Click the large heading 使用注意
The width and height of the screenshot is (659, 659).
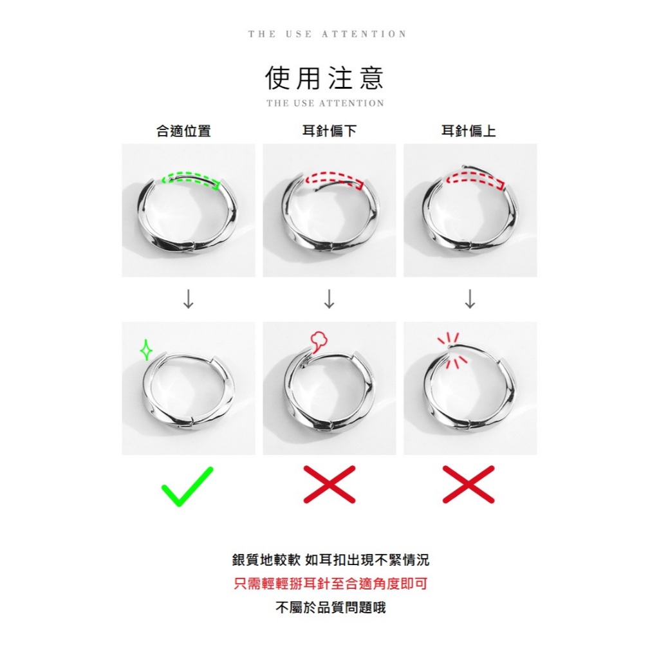coord(324,78)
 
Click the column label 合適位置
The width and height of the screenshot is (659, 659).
coord(183,131)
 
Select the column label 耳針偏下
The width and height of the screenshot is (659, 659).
coord(329,131)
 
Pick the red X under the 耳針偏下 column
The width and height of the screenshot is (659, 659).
coord(329,484)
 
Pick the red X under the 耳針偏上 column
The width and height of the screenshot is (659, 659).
coord(469,484)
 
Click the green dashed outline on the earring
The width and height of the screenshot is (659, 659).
coord(190,178)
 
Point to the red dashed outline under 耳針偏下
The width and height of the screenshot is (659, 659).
coord(333,178)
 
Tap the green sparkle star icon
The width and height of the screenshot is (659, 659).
coord(146,349)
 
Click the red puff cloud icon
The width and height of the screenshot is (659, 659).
coord(317,340)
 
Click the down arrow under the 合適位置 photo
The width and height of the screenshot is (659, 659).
coord(188,299)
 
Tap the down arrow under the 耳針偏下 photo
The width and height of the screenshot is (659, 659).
coord(329,299)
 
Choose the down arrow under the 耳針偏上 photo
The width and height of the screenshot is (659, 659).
coord(470,299)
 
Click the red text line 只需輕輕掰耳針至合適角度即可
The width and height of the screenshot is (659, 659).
coord(330,584)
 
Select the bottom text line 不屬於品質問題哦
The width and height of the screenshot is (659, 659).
coord(330,608)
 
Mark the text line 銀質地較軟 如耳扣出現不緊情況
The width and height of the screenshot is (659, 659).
coord(330,560)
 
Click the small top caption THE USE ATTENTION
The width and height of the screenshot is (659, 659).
coord(328,34)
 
